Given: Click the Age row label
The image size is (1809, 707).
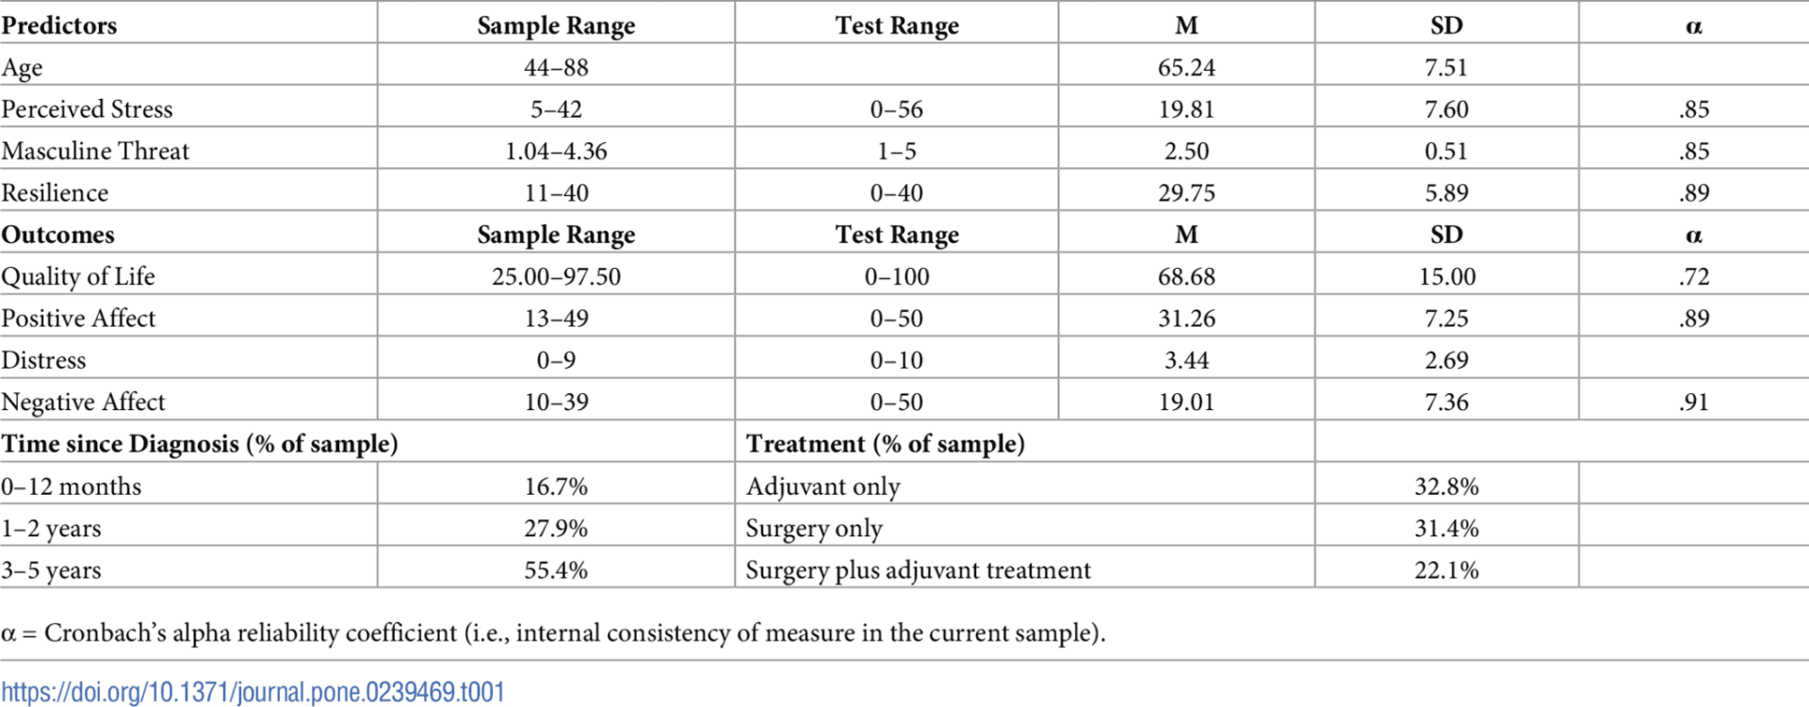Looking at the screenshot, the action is (x=22, y=68).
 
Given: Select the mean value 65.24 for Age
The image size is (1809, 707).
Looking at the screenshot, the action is (x=1186, y=68).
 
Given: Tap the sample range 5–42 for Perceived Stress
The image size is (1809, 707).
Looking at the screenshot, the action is (x=556, y=109).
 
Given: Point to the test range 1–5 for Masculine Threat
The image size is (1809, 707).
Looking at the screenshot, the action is (x=896, y=151).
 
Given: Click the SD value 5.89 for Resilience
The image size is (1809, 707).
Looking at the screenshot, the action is (x=1446, y=193).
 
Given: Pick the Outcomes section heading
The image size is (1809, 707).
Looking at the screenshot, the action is (x=57, y=235).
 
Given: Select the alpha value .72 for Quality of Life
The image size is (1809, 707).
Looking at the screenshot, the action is (x=1693, y=277).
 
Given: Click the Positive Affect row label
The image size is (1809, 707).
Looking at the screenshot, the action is (x=78, y=319).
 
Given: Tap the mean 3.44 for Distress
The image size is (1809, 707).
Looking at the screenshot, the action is (x=1186, y=360).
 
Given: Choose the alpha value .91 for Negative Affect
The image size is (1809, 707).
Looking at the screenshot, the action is (x=1693, y=403).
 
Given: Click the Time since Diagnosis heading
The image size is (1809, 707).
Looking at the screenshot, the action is (x=200, y=444).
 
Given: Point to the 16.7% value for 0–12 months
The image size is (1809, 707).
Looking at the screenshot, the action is (x=556, y=486).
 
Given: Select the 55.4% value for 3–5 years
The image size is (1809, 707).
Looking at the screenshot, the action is (x=556, y=570).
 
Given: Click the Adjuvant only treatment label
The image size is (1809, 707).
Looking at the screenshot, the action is (x=823, y=486).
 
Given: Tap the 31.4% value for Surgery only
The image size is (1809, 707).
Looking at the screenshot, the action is (x=1446, y=528).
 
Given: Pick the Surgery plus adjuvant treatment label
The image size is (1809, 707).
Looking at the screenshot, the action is (x=919, y=570).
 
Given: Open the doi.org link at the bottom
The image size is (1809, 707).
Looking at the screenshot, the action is (x=253, y=693).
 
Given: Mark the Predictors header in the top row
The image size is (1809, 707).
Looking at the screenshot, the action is (x=59, y=25).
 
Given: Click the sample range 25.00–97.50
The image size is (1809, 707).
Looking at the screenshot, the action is (x=556, y=277).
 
